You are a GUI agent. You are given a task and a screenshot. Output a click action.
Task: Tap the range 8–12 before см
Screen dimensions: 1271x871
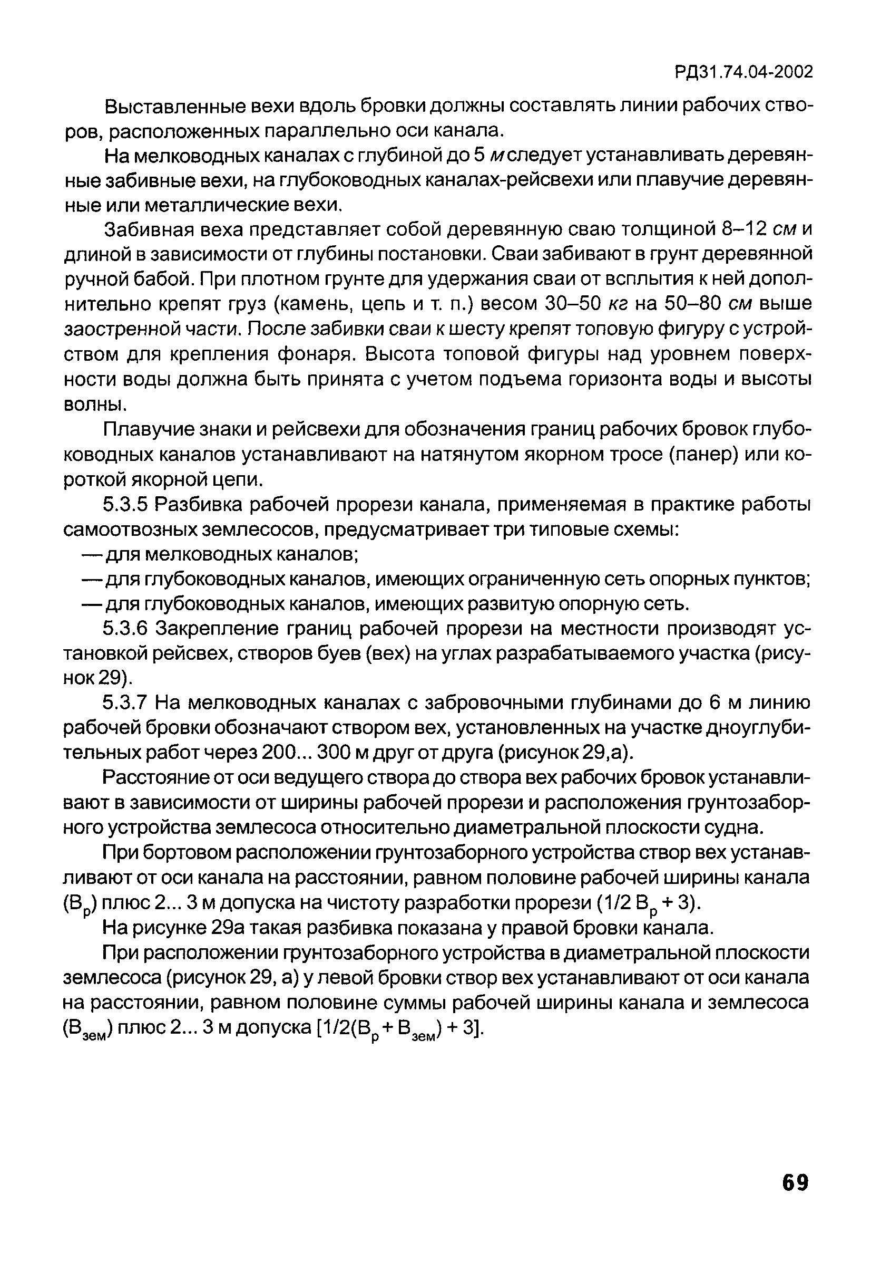(744, 230)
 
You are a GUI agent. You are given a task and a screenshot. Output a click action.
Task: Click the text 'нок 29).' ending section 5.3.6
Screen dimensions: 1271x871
(99, 679)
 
